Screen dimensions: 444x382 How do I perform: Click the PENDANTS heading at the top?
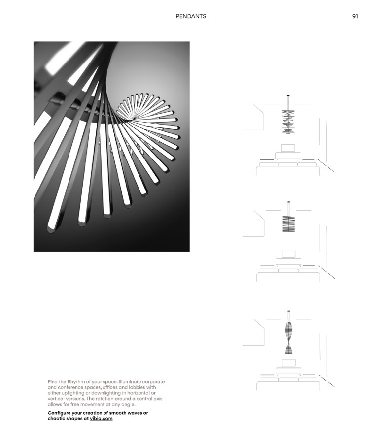191,16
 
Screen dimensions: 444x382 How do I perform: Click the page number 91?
355,16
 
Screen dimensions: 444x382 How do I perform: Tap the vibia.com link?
101,419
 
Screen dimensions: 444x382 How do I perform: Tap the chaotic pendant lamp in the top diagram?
288,121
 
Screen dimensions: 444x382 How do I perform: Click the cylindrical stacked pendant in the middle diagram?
288,223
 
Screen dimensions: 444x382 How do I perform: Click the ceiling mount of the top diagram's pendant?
288,97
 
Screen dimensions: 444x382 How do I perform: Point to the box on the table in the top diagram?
288,147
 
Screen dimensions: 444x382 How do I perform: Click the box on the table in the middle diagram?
288,254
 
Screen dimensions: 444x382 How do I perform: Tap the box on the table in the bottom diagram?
288,363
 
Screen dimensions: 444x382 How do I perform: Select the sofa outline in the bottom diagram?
288,383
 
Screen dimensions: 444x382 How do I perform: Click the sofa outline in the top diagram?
288,168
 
